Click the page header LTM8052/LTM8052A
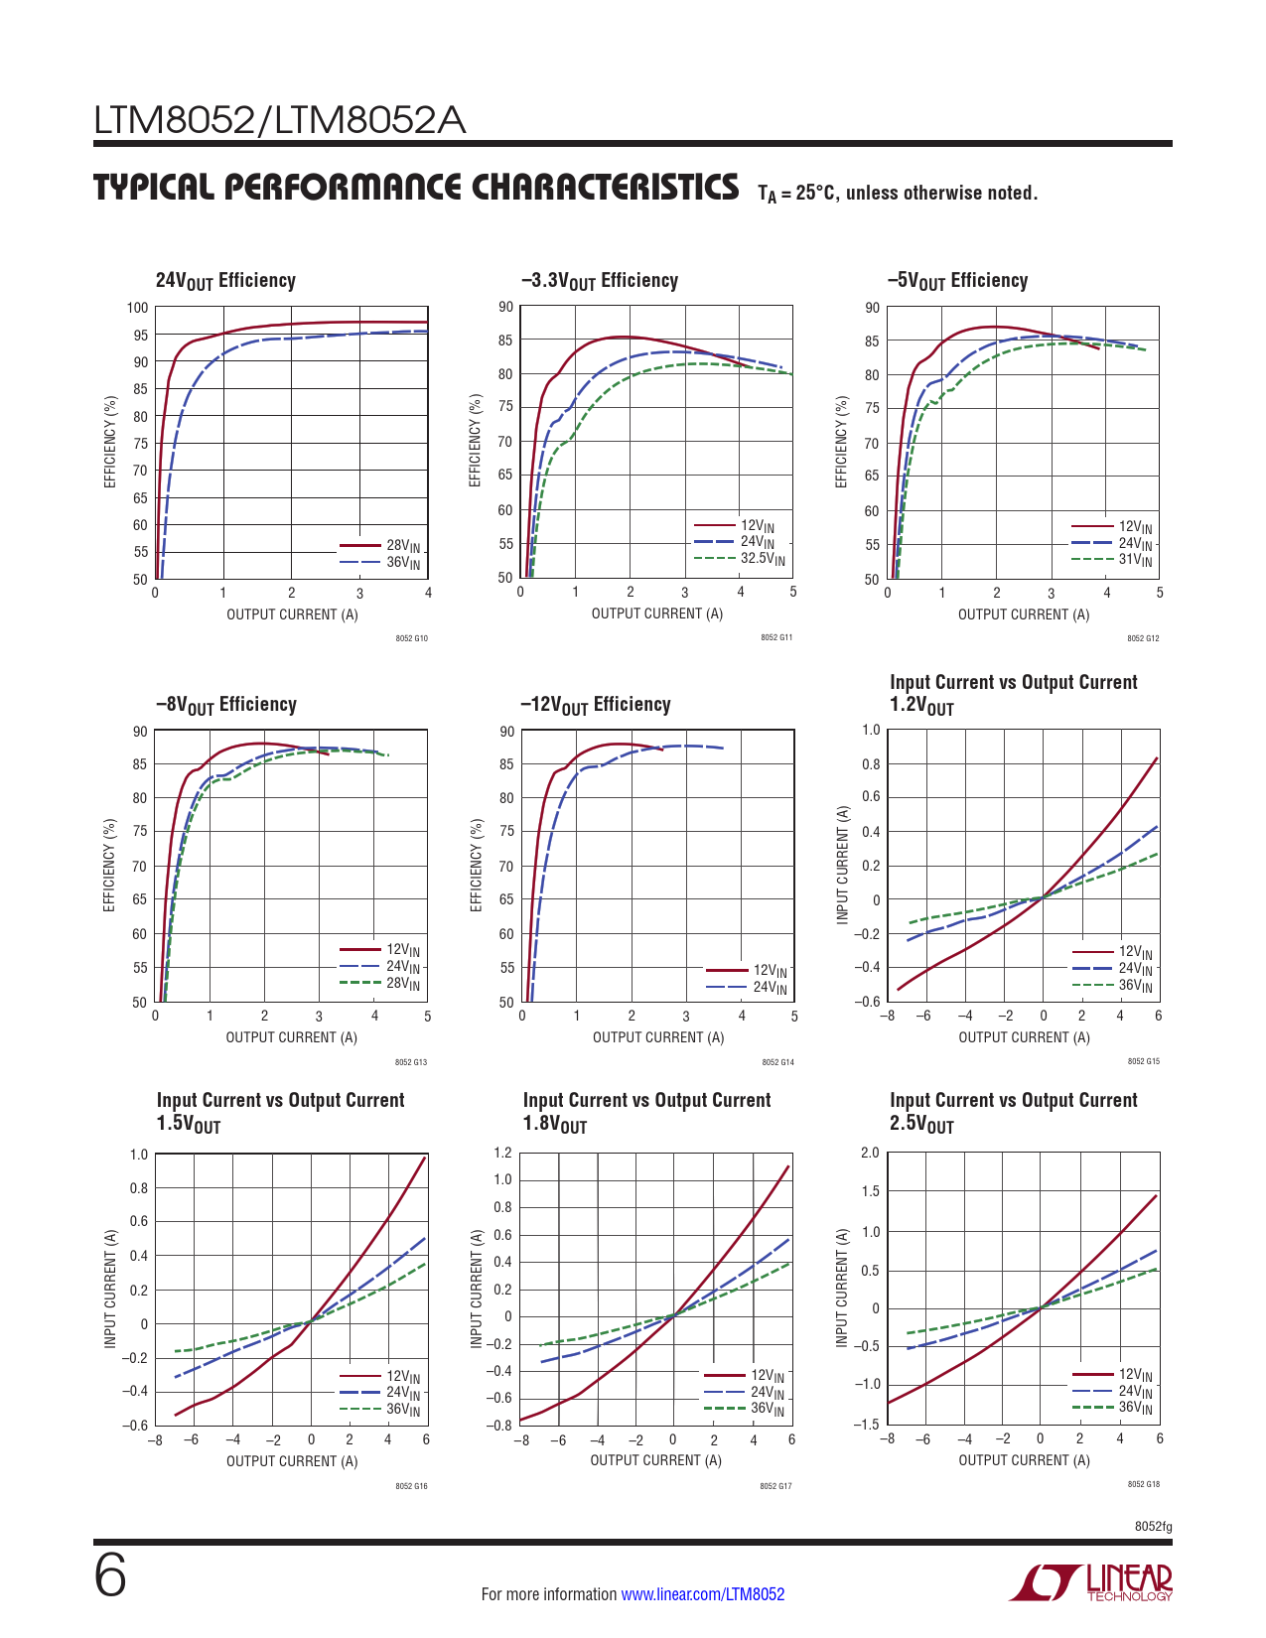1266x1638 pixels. (x=279, y=121)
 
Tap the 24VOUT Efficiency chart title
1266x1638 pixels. (x=225, y=281)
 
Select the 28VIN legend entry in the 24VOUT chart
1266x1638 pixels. (x=402, y=546)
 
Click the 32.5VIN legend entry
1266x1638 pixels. (x=762, y=559)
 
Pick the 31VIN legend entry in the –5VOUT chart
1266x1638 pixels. (x=1135, y=560)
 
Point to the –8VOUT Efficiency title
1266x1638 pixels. (x=226, y=705)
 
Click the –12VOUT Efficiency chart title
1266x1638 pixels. (x=595, y=705)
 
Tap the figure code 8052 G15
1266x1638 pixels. (x=1143, y=1061)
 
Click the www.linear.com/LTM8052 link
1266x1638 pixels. (x=702, y=1594)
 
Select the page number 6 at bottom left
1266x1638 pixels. (x=110, y=1576)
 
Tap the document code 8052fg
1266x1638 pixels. (x=1153, y=1527)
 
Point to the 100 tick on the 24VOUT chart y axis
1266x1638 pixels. (x=137, y=308)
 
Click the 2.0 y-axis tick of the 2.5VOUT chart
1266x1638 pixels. (x=870, y=1153)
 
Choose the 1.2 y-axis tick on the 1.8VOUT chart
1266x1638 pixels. (x=502, y=1153)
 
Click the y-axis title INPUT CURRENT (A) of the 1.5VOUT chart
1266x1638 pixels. (x=110, y=1289)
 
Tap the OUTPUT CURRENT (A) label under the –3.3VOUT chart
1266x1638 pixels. (x=657, y=614)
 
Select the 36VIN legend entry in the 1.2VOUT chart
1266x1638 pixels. (x=1135, y=986)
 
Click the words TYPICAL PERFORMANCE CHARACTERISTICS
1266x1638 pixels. (x=416, y=188)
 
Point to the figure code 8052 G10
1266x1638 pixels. (x=411, y=638)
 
